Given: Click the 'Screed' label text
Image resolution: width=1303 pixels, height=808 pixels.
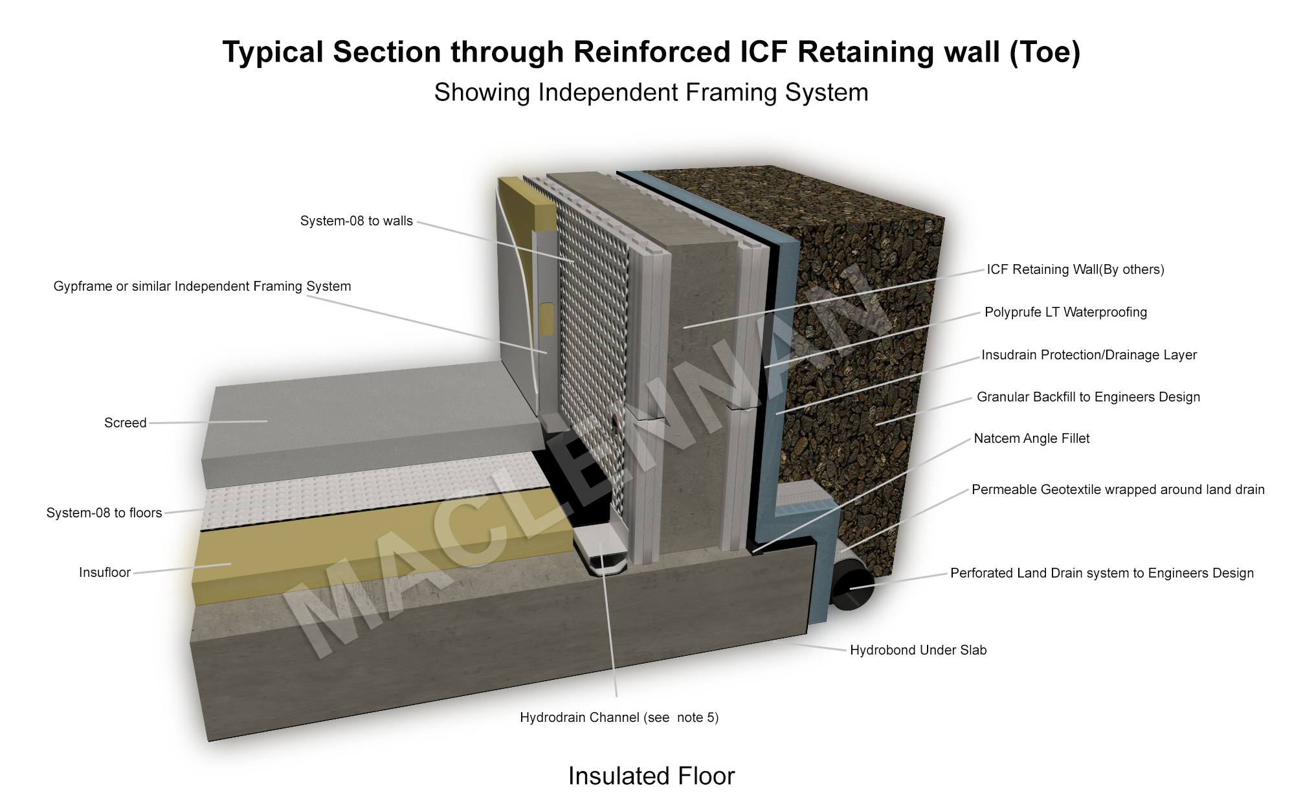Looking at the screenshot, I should coord(125,423).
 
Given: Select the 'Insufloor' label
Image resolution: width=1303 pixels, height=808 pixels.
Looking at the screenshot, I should coord(105,573).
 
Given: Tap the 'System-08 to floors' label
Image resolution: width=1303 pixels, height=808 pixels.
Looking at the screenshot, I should coord(104,513).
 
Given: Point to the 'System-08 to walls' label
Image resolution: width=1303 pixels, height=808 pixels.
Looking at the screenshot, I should coord(356,221).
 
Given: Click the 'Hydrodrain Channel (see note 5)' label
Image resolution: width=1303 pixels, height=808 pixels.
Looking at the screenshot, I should coord(619,718).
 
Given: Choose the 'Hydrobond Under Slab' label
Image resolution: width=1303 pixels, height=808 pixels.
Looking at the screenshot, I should coord(918,651).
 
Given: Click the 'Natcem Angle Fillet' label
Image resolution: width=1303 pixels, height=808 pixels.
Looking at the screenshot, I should coord(1031,439).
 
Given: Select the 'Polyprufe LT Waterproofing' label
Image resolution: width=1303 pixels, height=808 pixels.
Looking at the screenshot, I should coord(1065,313).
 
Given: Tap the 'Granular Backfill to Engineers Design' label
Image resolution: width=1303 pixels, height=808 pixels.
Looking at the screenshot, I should coord(1088,398).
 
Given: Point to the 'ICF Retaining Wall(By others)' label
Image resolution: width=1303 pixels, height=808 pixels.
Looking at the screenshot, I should coord(1075,270).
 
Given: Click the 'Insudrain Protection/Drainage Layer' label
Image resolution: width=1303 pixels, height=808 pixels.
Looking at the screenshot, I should coord(1089,355).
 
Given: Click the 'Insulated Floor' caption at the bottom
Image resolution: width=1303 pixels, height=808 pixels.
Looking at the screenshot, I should coord(651,776).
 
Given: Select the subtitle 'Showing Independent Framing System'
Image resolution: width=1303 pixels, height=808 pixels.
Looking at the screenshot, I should coord(651,93).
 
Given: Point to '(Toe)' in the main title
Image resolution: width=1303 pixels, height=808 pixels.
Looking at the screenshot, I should coord(1044,52).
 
